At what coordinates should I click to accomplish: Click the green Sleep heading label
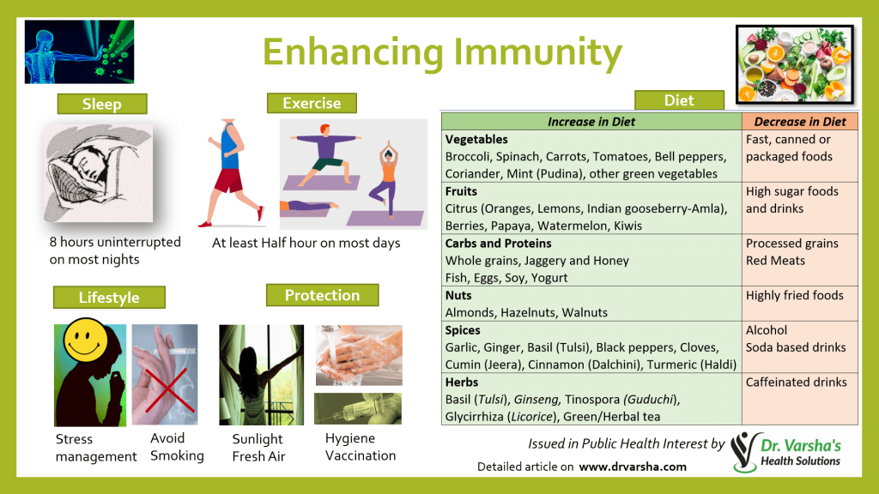tap(102, 104)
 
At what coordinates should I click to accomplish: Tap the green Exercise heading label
tap(312, 103)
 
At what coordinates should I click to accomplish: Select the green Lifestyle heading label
tap(109, 297)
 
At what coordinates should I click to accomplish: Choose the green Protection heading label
tap(323, 295)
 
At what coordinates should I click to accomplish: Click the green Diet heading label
tap(680, 100)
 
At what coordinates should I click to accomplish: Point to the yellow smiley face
tap(85, 339)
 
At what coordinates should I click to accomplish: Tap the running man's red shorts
tap(228, 180)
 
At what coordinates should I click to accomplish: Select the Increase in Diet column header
tap(591, 122)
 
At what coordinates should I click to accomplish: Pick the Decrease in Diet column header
tap(800, 122)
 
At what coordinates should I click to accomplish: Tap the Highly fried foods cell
tap(794, 295)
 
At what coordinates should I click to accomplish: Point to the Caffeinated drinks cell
tap(796, 382)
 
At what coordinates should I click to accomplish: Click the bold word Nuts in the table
tap(458, 295)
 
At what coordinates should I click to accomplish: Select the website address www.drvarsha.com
tap(633, 467)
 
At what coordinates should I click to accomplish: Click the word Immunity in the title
tap(537, 52)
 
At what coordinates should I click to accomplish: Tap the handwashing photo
tap(359, 355)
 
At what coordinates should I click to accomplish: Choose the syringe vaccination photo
tap(358, 408)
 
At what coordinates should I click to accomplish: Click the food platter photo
tap(795, 64)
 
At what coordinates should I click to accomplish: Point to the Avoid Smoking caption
tap(177, 447)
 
